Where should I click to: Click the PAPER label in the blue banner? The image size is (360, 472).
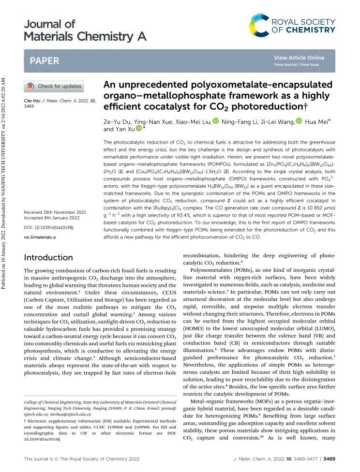(44, 61)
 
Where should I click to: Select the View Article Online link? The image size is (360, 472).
(299, 58)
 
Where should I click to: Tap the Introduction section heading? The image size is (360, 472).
(49, 257)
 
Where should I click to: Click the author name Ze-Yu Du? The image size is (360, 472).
(117, 121)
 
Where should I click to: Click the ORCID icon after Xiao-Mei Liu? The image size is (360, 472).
(216, 121)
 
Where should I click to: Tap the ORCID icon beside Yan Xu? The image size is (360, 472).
(138, 129)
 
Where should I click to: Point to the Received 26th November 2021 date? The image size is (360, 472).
(56, 212)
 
